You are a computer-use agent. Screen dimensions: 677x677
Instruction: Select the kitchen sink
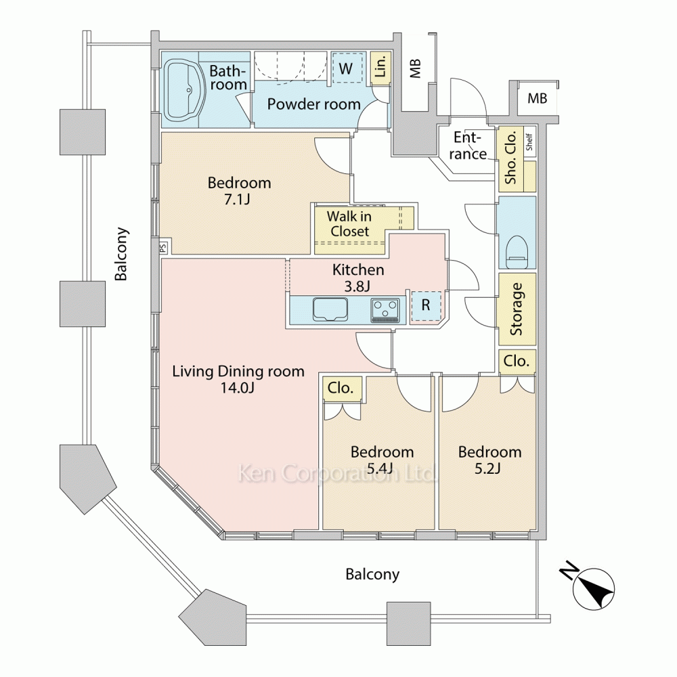pos(330,309)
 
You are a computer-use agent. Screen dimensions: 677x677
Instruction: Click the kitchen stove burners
pos(385,310)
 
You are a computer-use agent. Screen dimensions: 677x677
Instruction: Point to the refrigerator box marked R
pos(426,305)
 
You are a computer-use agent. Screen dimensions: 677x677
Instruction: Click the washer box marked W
pos(346,68)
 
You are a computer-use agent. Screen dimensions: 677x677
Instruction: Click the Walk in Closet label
pos(349,224)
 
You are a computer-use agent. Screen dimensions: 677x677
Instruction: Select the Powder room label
pos(313,104)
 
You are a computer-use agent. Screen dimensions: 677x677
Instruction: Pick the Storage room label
pos(517,309)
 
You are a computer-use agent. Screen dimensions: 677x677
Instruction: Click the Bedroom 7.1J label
pos(239,191)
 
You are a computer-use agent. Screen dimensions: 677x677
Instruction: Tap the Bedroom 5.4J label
pos(382,460)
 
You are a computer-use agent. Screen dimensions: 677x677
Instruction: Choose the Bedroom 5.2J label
pos(489,460)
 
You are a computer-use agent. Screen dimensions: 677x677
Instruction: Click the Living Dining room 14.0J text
pos(238,379)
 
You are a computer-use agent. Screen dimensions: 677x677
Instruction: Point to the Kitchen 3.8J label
pos(357,278)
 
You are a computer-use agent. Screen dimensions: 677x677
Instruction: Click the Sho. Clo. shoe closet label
pos(510,157)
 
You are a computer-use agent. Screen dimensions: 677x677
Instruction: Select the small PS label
pos(163,248)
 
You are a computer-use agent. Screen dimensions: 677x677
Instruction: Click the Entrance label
pos(469,146)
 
